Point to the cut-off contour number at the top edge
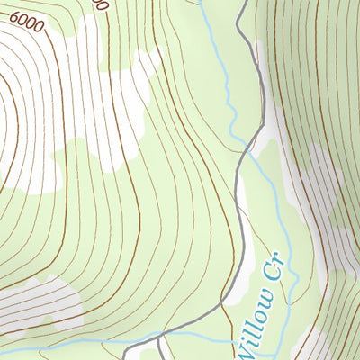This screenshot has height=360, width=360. tap(100, 4)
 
